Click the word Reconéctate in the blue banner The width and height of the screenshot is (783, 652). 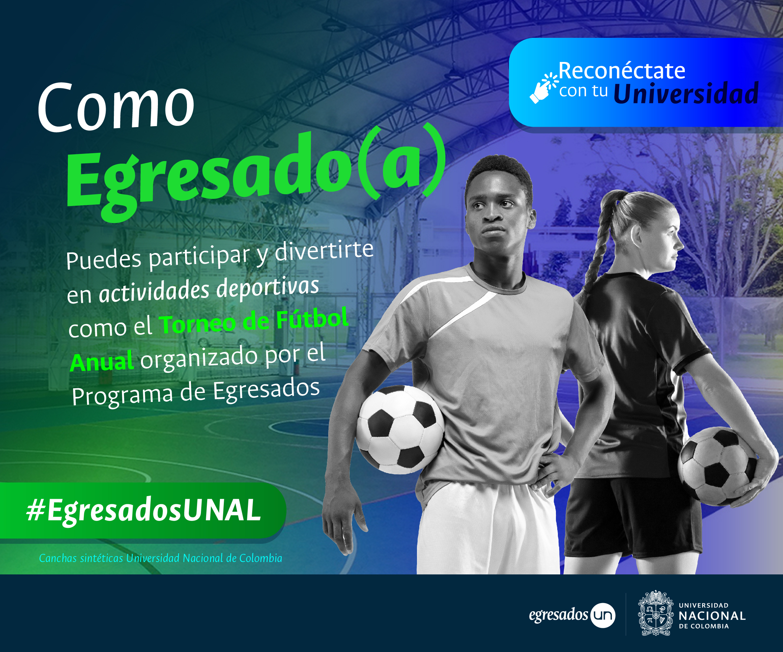622,70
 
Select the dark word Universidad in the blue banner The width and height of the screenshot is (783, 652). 686,94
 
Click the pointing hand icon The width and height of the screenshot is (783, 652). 544,88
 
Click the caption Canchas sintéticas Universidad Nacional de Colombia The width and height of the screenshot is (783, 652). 160,558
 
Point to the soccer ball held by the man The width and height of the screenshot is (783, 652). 400,430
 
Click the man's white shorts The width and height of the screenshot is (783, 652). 488,529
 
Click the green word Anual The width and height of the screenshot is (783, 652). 102,361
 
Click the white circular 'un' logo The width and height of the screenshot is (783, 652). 603,615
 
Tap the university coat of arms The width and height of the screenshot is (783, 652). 656,613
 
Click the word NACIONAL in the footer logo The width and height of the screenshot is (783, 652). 712,616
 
